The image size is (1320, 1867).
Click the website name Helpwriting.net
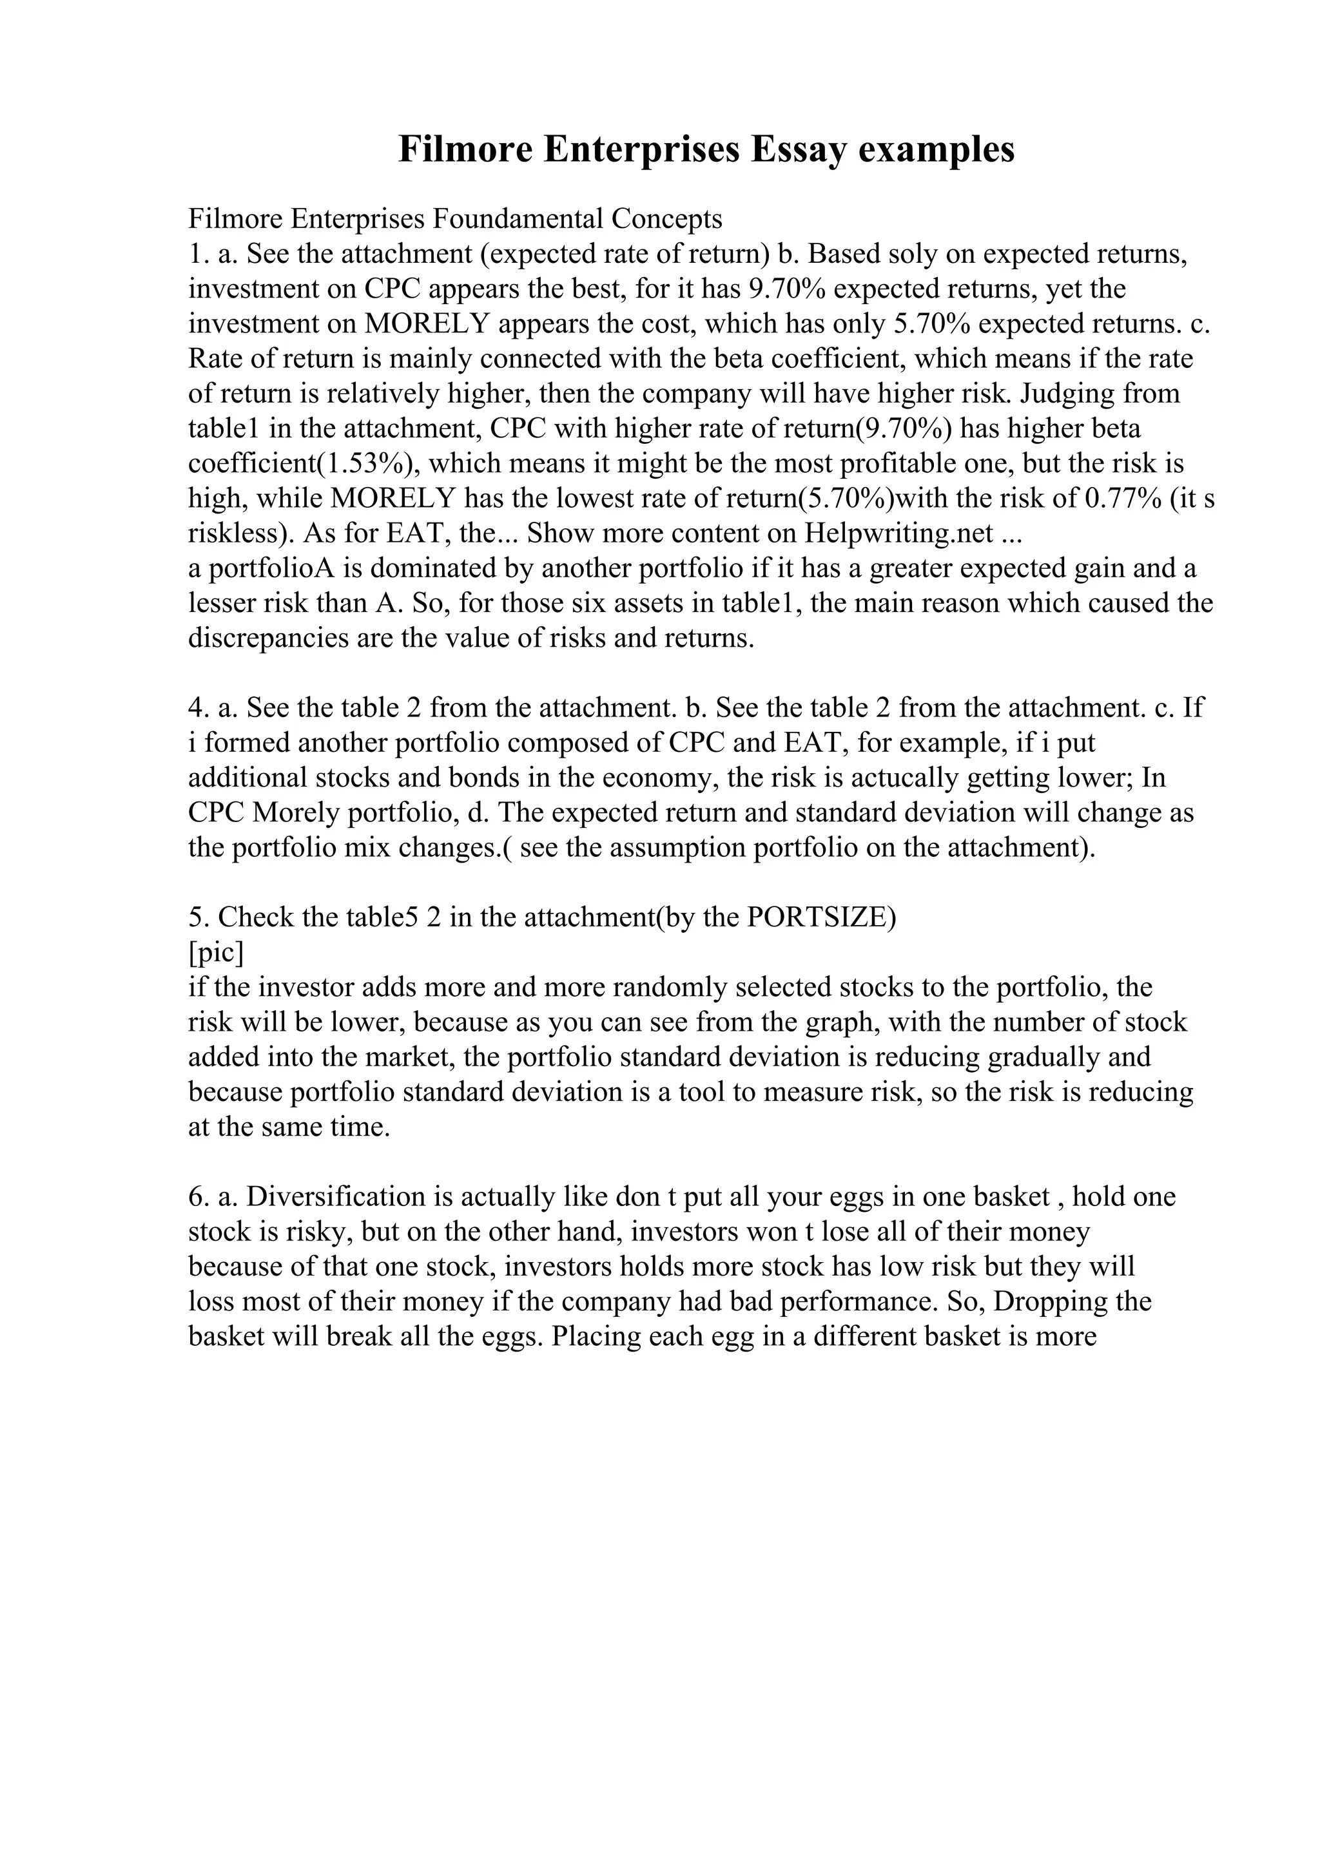898,533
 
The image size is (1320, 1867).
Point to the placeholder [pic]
215,952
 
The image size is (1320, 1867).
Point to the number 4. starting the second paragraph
199,708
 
